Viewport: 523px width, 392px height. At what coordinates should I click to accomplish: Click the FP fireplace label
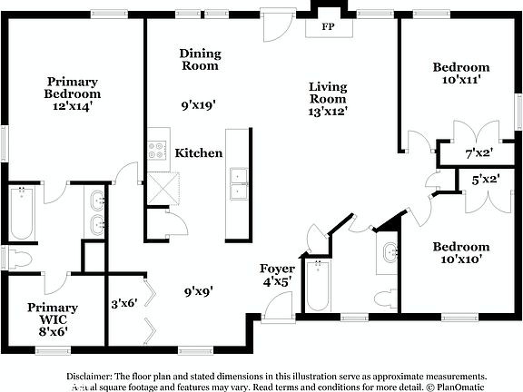tap(328, 27)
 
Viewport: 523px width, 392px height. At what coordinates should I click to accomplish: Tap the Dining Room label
tap(199, 60)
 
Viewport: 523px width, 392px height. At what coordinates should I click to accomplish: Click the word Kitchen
tap(199, 153)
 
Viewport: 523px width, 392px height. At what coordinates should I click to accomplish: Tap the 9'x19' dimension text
tap(198, 105)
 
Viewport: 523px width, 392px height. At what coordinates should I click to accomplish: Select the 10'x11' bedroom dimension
tap(460, 80)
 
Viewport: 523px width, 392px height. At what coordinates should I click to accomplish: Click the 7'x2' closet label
tap(479, 154)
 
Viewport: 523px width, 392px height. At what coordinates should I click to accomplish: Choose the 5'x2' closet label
tap(485, 181)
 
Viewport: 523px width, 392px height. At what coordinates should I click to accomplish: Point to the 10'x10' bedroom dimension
tap(460, 260)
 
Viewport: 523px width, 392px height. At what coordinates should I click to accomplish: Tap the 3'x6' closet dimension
tap(123, 304)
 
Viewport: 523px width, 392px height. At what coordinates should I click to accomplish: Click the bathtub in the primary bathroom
tap(22, 212)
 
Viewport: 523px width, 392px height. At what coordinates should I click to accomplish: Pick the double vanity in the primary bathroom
tap(97, 212)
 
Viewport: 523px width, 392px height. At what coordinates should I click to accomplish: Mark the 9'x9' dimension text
tap(198, 292)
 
